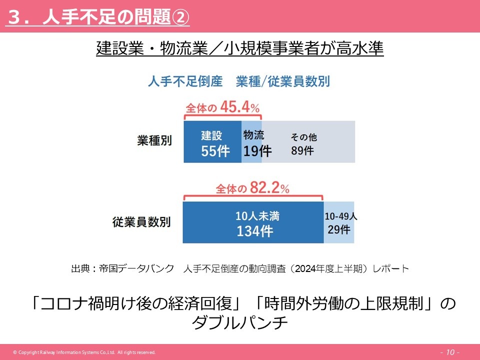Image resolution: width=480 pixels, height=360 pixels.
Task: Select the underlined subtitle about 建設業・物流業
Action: (x=239, y=49)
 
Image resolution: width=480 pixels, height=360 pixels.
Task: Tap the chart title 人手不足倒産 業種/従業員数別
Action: (x=239, y=81)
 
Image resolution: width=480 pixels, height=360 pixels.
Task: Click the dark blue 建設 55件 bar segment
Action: (x=212, y=142)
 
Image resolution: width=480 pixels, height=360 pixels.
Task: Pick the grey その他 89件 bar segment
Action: (x=308, y=142)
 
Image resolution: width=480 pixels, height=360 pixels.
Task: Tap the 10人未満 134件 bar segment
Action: (x=253, y=223)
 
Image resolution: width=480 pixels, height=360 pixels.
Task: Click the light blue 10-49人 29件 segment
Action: (x=339, y=223)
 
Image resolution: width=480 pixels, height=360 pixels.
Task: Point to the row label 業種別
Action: (x=154, y=140)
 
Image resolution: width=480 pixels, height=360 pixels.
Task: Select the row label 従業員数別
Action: (x=141, y=222)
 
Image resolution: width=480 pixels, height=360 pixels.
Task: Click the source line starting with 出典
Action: (x=240, y=269)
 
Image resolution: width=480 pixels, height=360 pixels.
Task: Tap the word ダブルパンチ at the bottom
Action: (x=240, y=323)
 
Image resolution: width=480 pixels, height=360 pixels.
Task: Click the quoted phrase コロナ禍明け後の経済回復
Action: (x=134, y=303)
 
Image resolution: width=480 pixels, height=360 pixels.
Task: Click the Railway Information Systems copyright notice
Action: (x=84, y=352)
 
